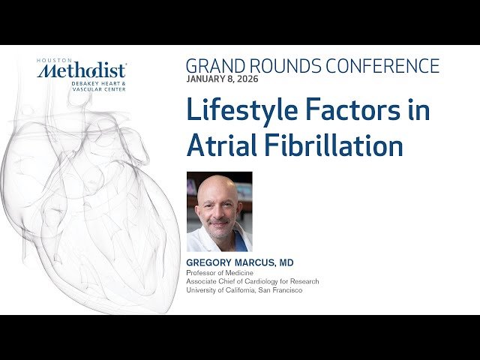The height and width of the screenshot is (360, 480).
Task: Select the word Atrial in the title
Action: pyautogui.click(x=220, y=145)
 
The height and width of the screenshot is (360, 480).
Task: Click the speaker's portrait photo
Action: pyautogui.click(x=219, y=211)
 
